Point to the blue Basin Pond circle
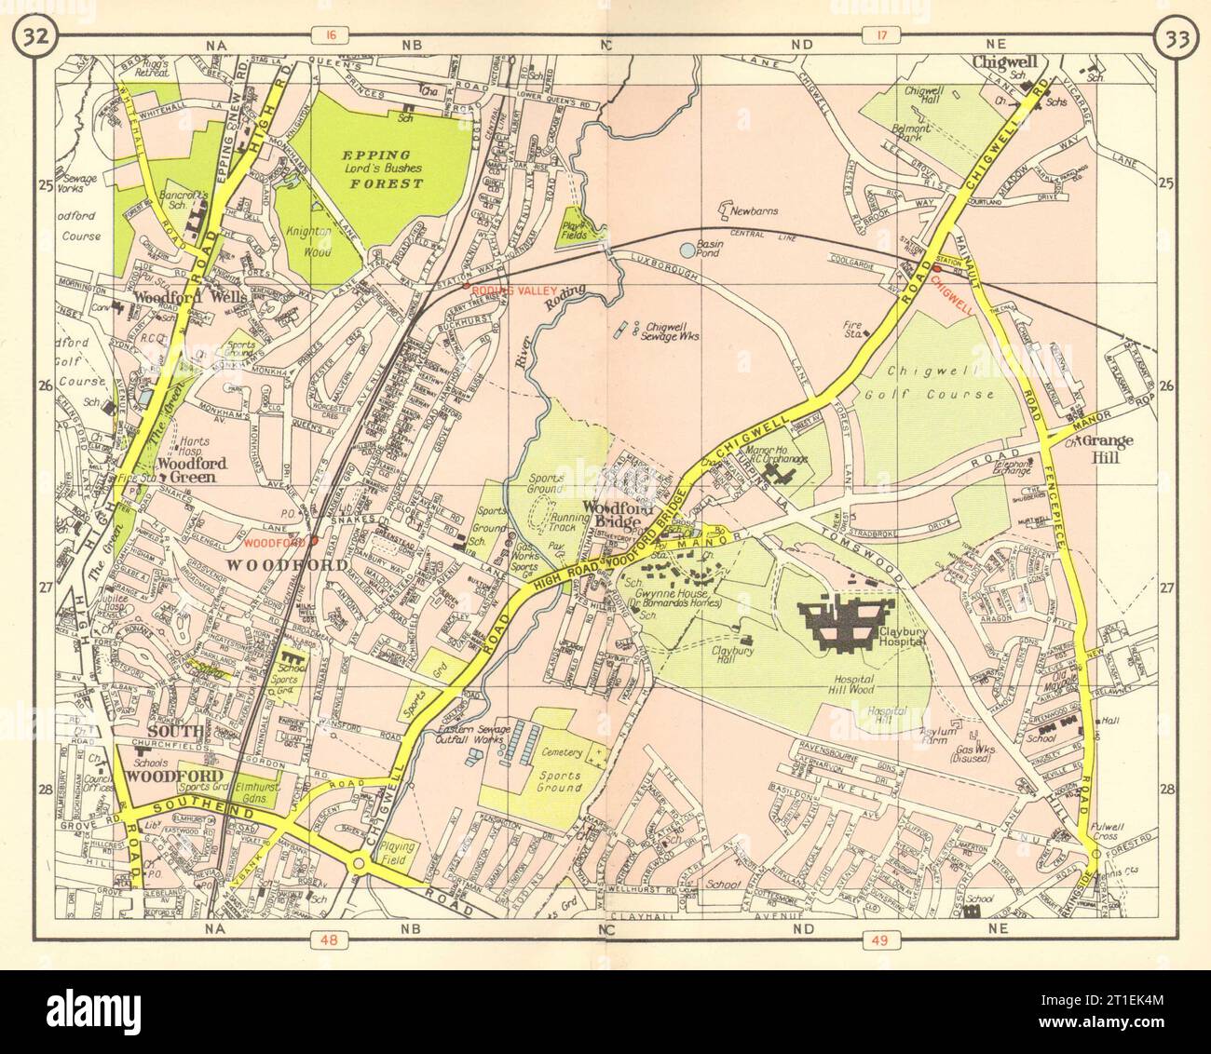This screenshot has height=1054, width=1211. (x=687, y=250)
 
